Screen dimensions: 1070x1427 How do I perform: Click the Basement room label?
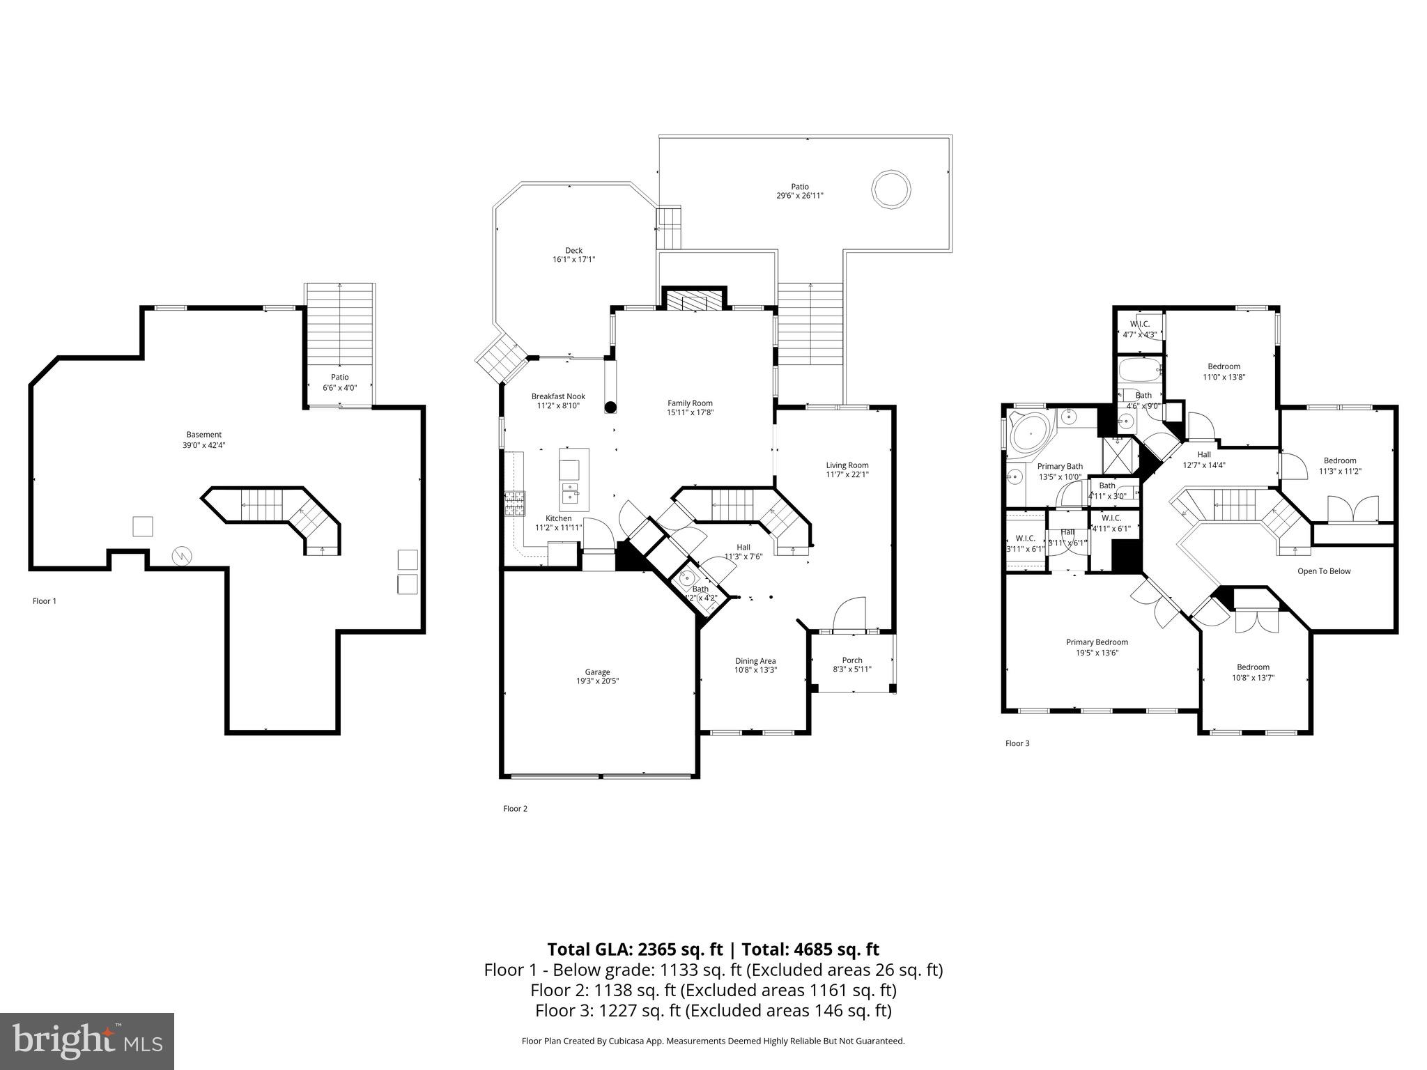pos(203,435)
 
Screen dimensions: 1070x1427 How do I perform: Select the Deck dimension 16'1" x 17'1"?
pos(573,260)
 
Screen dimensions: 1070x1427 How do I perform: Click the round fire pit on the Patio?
pos(891,188)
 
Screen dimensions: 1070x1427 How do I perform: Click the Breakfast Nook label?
pos(558,396)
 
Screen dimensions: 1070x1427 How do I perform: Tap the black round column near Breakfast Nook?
pos(610,407)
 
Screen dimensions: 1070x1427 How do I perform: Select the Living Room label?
pos(847,465)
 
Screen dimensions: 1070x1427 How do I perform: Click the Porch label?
pos(851,660)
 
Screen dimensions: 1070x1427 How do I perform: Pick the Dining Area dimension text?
pos(755,670)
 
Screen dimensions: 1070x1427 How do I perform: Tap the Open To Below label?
pos(1323,571)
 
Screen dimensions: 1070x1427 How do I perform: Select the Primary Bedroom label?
pos(1097,642)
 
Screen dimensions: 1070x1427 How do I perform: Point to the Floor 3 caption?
pos(1017,743)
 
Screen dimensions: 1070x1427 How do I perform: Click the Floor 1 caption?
pos(45,600)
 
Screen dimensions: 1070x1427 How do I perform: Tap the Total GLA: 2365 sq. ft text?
pos(635,949)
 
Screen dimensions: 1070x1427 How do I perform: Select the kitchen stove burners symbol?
pos(514,504)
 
